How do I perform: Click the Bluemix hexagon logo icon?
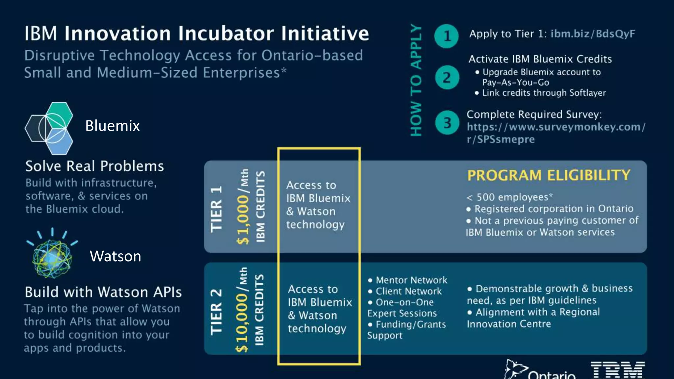coord(49,128)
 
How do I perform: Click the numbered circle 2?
coord(447,78)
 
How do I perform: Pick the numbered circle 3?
coord(447,123)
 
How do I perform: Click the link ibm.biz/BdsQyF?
coord(593,34)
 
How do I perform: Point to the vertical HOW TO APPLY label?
coord(416,81)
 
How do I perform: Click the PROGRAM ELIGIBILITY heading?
coord(549,175)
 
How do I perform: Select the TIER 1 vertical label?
coord(217,209)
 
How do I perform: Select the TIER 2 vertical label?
coord(217,312)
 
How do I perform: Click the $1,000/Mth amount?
coord(243,207)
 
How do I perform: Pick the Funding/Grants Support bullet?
coord(407,330)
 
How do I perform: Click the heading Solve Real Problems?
coord(94,166)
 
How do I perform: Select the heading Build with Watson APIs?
coord(103,292)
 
